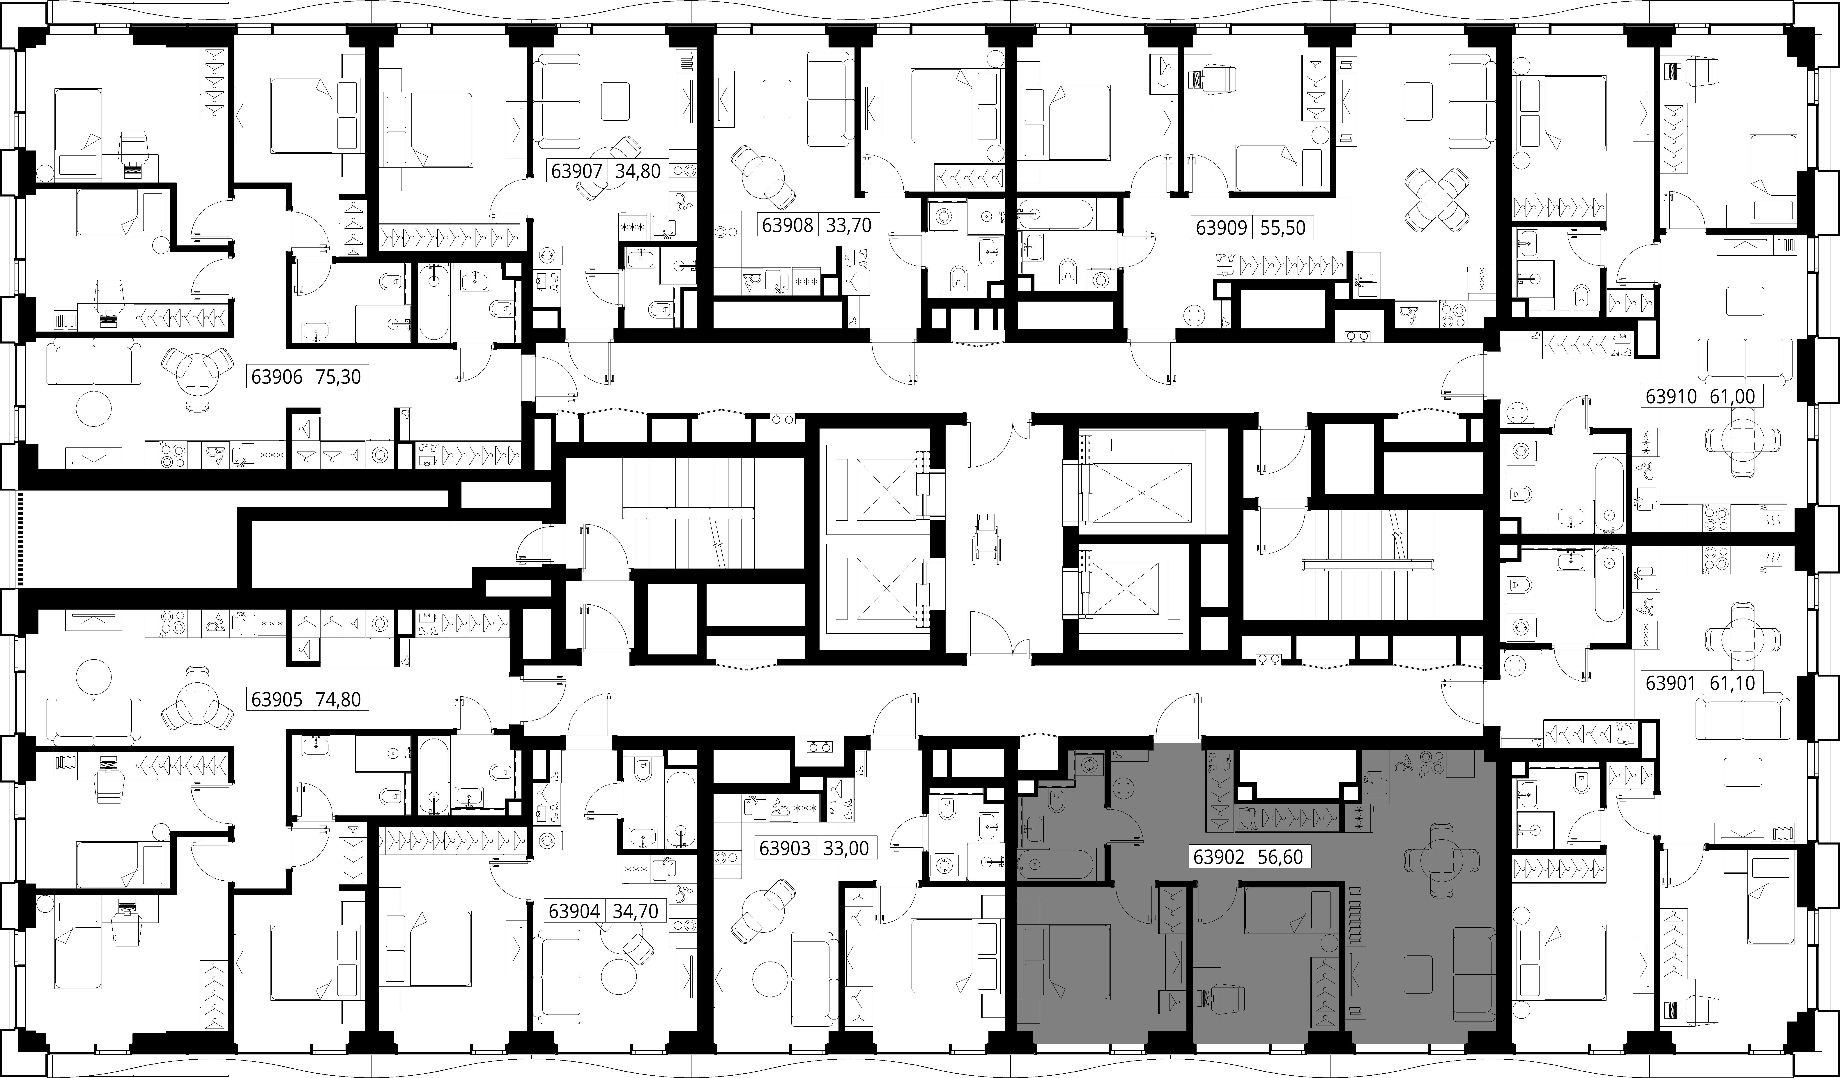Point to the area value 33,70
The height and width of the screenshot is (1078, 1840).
pyautogui.click(x=848, y=225)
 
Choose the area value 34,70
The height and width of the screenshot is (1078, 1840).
pyautogui.click(x=635, y=911)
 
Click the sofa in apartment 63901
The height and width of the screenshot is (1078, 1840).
pyautogui.click(x=1743, y=719)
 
